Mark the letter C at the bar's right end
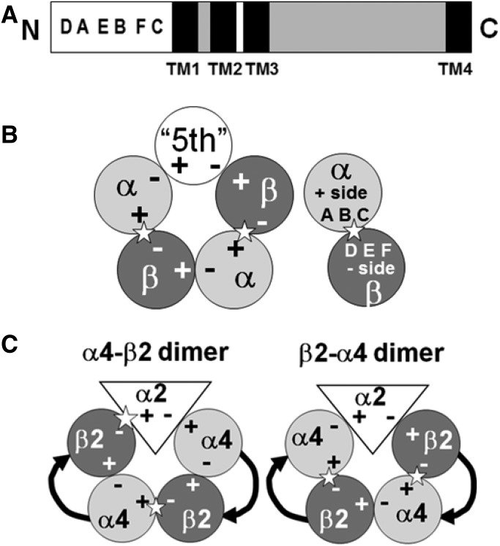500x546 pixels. [x=486, y=29]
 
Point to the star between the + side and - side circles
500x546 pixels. [x=354, y=231]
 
